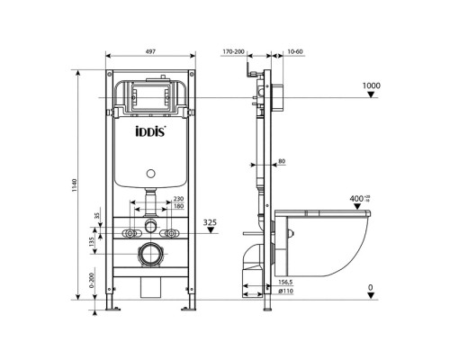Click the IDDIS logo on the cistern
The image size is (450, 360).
pos(151,139)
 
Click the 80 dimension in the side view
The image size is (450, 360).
pos(281,162)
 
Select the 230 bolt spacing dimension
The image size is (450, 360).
pos(178,199)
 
